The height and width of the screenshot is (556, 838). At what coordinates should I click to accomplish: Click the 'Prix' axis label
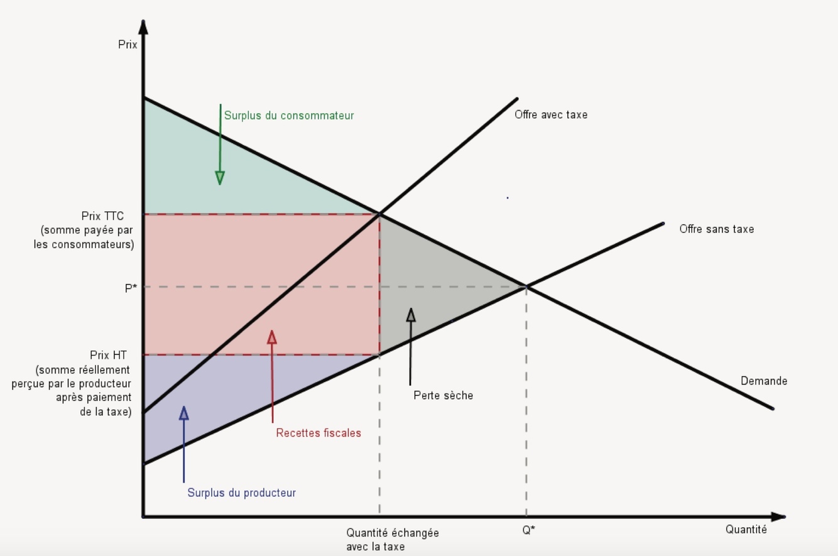coord(128,45)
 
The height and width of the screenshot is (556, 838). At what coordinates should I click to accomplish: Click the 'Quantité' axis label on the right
coord(746,530)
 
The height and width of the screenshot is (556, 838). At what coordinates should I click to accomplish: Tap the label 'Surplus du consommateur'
coord(289,116)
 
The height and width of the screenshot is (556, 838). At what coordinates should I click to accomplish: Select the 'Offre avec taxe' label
coord(551,115)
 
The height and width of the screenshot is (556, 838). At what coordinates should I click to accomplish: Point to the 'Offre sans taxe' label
coord(716,229)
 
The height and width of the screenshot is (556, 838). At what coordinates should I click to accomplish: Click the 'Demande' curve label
coord(763,381)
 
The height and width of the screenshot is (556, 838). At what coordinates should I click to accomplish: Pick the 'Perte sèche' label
coord(443,396)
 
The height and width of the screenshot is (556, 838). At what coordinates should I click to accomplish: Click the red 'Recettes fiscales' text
coord(318,433)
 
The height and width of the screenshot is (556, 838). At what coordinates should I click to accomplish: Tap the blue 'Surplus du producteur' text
coord(241,493)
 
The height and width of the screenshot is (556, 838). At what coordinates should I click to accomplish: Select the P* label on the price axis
coord(131,288)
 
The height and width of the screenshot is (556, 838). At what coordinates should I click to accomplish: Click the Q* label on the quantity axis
coord(529,530)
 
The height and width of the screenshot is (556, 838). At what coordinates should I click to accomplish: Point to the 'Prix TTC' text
coord(102,216)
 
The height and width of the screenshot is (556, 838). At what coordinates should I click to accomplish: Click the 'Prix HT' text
coord(108,356)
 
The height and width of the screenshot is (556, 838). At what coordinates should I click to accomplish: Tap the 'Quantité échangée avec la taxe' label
coord(392,540)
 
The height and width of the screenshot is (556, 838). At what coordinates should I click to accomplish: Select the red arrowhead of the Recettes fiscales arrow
coord(272,338)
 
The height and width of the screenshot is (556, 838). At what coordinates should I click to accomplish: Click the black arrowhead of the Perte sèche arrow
coord(411,315)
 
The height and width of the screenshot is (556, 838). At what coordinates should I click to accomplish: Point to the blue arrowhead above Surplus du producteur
coord(184,413)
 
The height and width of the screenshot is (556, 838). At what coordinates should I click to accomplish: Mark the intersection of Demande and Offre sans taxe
coord(526,287)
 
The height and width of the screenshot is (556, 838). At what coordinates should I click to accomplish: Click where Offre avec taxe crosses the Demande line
coord(379,214)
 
